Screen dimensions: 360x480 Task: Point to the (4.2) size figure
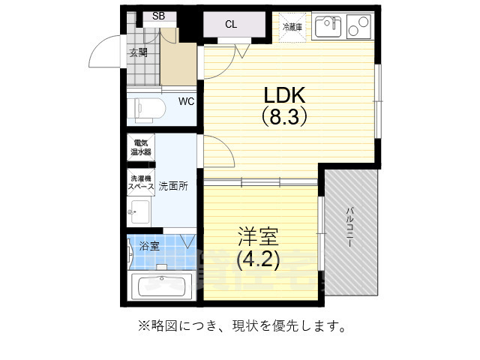click(x=258, y=259)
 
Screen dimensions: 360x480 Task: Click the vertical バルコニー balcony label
click(x=350, y=226)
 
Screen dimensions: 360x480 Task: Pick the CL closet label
click(x=231, y=24)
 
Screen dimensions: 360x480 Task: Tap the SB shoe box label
click(x=159, y=15)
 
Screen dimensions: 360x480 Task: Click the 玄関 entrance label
click(x=138, y=52)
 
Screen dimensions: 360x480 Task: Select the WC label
click(x=186, y=102)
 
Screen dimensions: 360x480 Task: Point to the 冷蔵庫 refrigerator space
click(x=292, y=27)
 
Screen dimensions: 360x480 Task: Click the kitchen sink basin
click(x=328, y=27)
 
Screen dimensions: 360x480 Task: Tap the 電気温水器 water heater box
click(x=142, y=147)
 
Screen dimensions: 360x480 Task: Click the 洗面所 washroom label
click(x=172, y=185)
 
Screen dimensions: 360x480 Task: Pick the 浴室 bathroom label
click(x=149, y=245)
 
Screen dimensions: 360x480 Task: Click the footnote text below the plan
click(x=241, y=327)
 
